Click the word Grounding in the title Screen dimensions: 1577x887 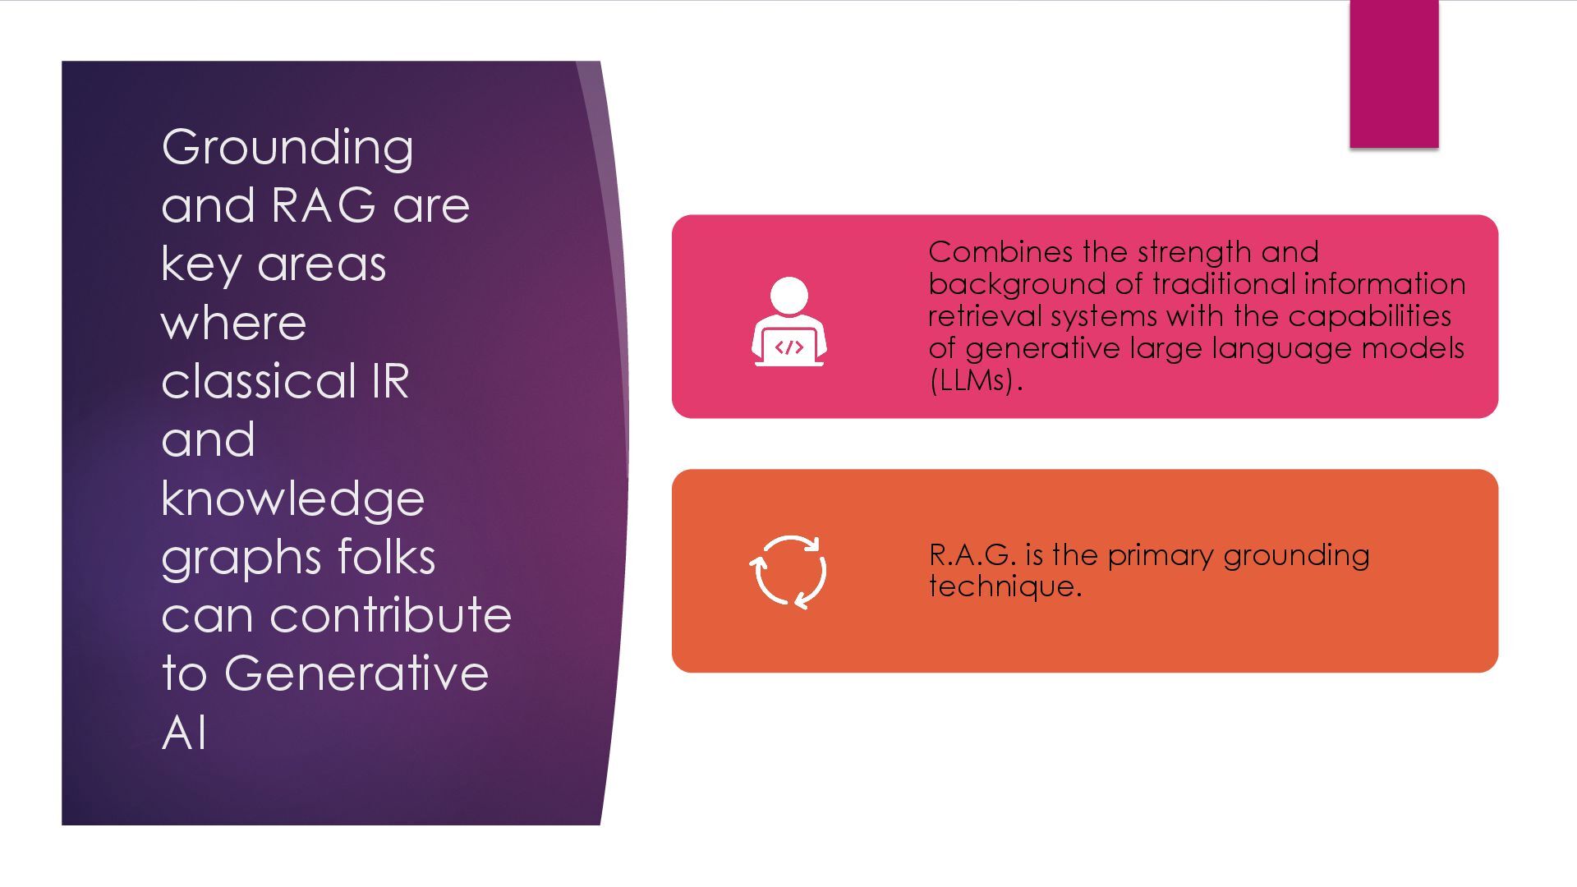[x=287, y=148]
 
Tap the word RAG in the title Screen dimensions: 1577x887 [x=323, y=205]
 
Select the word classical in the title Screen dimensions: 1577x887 [x=258, y=381]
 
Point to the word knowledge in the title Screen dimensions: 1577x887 [x=292, y=499]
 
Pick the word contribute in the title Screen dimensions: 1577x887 [x=390, y=615]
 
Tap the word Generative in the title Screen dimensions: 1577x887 [x=356, y=673]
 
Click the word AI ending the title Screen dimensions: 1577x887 [x=184, y=733]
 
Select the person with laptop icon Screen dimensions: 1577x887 [x=788, y=321]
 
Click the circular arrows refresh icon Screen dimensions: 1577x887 [x=788, y=572]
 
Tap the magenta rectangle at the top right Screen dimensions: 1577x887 [x=1394, y=74]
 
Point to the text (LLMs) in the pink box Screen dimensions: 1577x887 [x=974, y=380]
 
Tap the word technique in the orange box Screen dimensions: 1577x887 [x=1005, y=586]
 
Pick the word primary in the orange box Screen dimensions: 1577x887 [x=1160, y=556]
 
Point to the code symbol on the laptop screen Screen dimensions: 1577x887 [x=789, y=347]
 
